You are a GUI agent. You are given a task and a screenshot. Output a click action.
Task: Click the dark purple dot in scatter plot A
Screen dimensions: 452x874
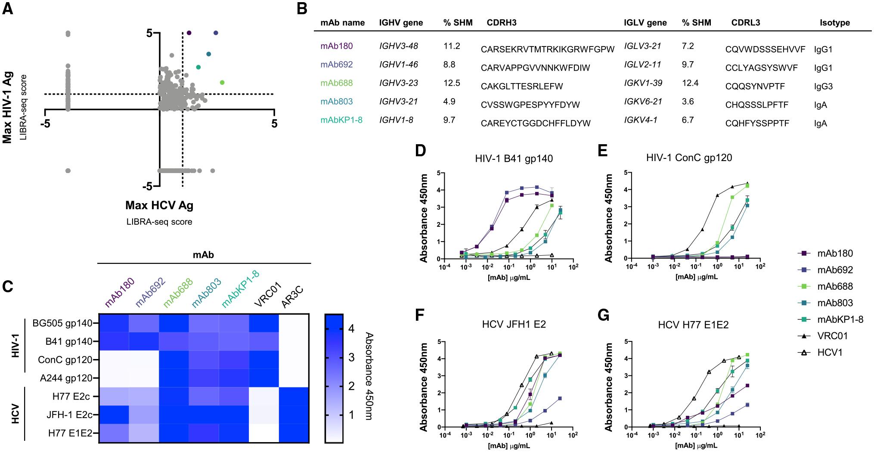pyautogui.click(x=189, y=33)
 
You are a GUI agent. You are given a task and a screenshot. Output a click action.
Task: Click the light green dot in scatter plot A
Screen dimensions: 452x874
pyautogui.click(x=222, y=82)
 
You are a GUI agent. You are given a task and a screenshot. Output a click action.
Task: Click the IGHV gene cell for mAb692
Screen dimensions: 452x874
pyautogui.click(x=398, y=65)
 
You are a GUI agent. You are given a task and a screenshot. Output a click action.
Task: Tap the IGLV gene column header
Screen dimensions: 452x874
pyautogui.click(x=645, y=23)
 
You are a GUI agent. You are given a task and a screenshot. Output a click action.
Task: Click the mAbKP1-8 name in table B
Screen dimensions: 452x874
pyautogui.click(x=341, y=120)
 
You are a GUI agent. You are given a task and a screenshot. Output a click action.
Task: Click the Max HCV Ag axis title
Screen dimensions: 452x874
pyautogui.click(x=159, y=205)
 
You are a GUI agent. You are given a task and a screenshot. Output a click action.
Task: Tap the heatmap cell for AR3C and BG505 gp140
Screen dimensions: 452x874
pyautogui.click(x=293, y=324)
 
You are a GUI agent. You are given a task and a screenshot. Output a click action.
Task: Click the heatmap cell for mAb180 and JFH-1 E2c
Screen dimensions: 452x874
pyautogui.click(x=114, y=415)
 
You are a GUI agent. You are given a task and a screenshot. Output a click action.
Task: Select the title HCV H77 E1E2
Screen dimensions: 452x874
pyautogui.click(x=693, y=325)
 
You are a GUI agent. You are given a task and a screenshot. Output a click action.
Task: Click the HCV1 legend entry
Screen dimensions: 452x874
pyautogui.click(x=829, y=353)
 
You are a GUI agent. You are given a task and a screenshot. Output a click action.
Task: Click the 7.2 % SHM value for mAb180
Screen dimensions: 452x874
pyautogui.click(x=688, y=46)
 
